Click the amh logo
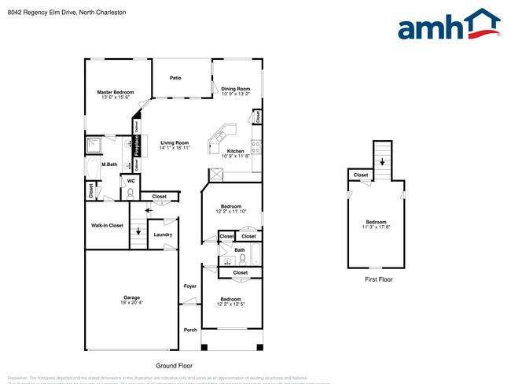[x=448, y=25]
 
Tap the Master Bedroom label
[x=116, y=92]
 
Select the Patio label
[x=175, y=78]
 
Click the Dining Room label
[x=235, y=88]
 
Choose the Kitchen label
[x=235, y=151]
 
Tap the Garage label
[x=131, y=297]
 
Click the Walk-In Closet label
[x=107, y=225]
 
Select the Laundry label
[x=163, y=234]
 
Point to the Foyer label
[x=190, y=286]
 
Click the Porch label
[x=190, y=330]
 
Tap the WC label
[x=131, y=180]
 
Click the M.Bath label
[x=109, y=164]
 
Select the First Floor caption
[x=379, y=279]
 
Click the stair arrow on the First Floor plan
[x=382, y=162]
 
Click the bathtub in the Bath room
[x=256, y=257]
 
